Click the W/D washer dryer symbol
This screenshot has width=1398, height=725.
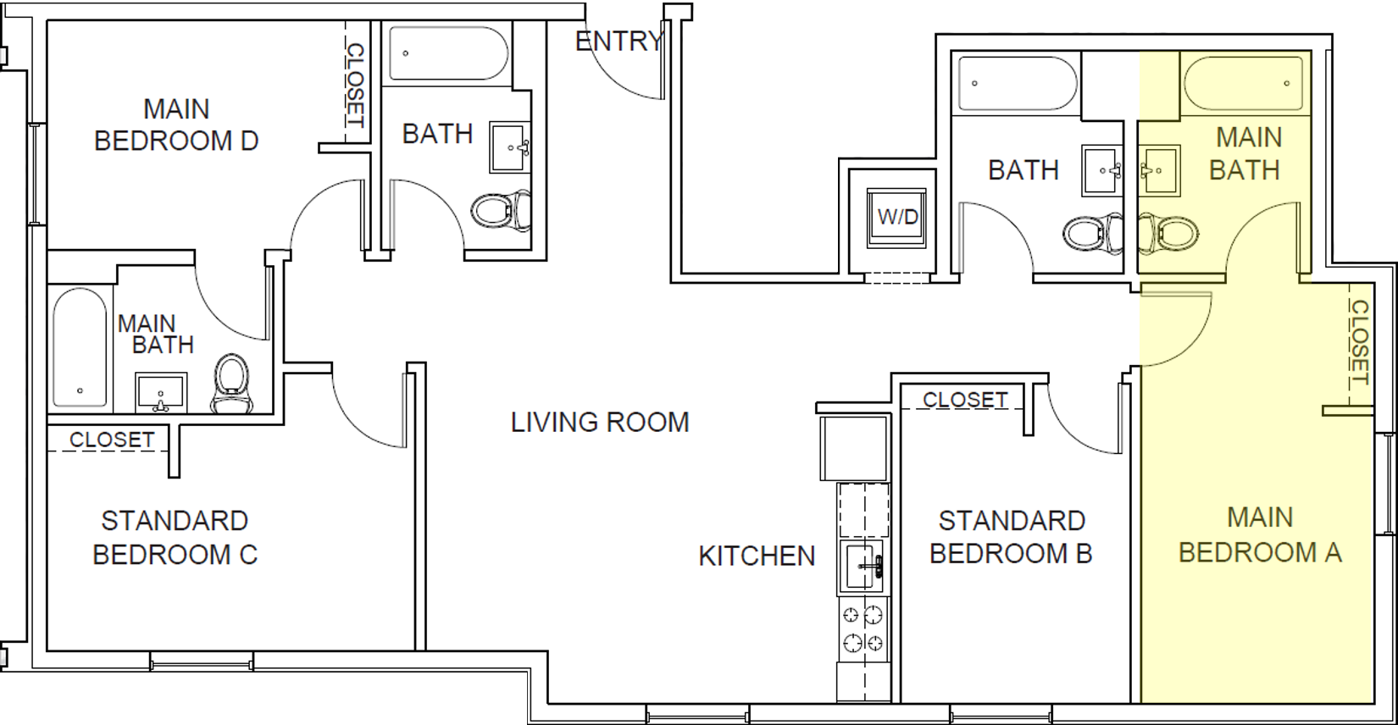click(897, 217)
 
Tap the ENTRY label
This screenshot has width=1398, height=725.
click(619, 41)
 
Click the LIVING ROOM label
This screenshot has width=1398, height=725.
click(600, 422)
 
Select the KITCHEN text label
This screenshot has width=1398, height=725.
click(757, 556)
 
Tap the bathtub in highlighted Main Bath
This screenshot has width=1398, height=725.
click(1243, 83)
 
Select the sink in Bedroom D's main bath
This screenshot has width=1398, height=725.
click(161, 393)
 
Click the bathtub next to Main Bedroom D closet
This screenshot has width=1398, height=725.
click(448, 53)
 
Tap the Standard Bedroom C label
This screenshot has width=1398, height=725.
click(175, 537)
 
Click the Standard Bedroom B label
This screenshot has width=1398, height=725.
click(1011, 537)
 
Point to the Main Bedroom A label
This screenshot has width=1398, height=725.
click(1260, 534)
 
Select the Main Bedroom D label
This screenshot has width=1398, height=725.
click(176, 125)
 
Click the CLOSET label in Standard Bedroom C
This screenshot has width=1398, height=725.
click(111, 440)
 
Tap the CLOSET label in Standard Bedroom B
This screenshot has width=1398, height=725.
click(965, 399)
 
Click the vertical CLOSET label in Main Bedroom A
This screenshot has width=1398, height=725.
click(1359, 342)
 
